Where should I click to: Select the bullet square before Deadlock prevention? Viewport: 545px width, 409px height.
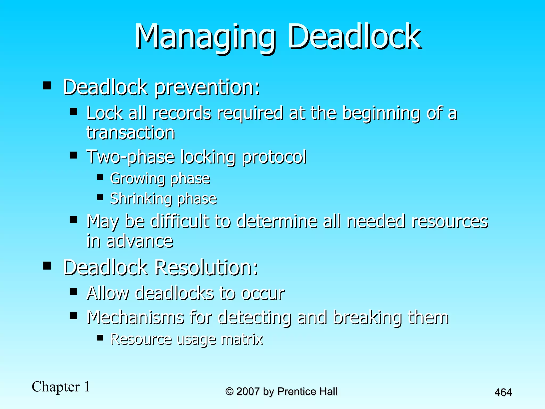click(x=47, y=86)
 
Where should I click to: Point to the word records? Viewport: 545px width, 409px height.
click(x=182, y=113)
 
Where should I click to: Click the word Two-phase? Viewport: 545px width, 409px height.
click(x=130, y=157)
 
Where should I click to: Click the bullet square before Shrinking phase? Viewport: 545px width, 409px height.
click(x=100, y=197)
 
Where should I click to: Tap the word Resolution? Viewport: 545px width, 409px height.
click(x=206, y=267)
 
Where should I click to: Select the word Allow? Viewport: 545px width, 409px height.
click(x=108, y=293)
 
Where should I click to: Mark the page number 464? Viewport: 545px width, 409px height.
click(x=503, y=392)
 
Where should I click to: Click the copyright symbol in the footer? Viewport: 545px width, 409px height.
click(x=229, y=391)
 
